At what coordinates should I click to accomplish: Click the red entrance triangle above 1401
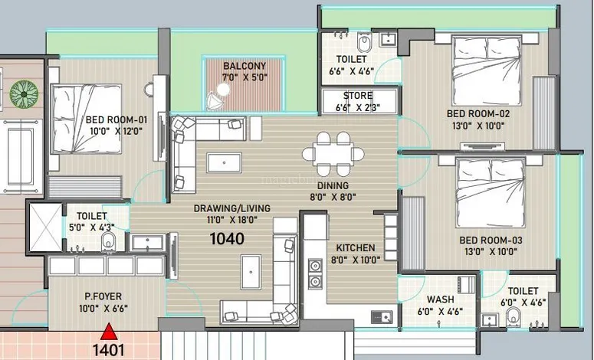[109, 331]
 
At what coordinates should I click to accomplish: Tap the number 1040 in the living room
[227, 238]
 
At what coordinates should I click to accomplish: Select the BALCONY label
[244, 66]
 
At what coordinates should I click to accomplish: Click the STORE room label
[358, 96]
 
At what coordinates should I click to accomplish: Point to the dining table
[333, 154]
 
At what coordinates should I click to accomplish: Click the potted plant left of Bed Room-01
[24, 94]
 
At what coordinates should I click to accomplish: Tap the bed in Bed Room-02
[487, 70]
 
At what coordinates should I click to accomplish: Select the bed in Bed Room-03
[491, 193]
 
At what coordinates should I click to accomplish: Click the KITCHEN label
[356, 248]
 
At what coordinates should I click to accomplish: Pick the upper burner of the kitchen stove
[315, 266]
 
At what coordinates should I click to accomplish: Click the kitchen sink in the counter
[382, 316]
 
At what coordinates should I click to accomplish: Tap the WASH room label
[440, 299]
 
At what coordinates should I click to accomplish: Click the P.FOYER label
[103, 296]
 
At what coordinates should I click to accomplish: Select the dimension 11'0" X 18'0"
[231, 220]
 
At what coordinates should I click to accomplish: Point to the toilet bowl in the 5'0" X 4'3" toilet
[108, 241]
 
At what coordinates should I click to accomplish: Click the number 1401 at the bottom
[109, 350]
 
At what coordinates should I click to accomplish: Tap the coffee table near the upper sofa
[225, 163]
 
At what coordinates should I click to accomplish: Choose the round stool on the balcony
[223, 90]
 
